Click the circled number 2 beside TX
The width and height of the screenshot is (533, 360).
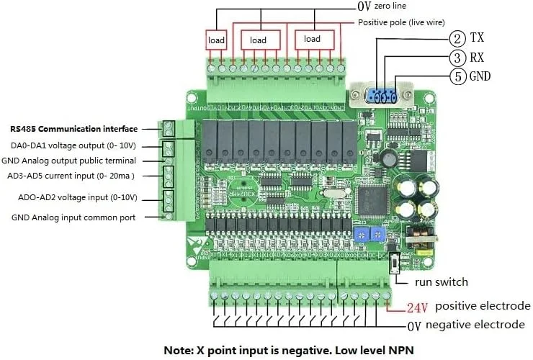(456, 37)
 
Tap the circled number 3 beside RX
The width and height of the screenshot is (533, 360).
(456, 57)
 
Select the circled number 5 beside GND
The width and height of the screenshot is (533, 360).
(456, 76)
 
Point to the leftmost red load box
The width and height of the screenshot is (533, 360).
(217, 40)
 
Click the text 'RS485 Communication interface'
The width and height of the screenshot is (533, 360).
(73, 129)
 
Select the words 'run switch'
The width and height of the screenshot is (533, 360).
(442, 282)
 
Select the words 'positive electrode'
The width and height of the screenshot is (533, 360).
(483, 307)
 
